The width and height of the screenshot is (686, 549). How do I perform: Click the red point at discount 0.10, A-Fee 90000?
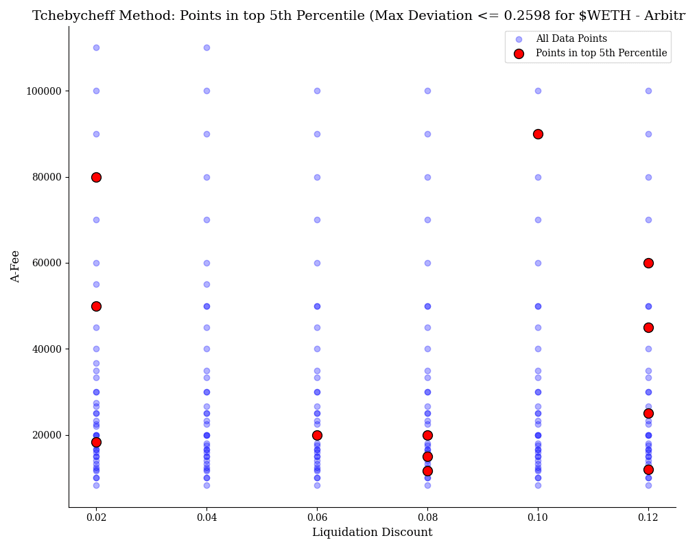tap(538, 134)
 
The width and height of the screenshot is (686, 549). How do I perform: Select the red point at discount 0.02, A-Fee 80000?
tap(96, 177)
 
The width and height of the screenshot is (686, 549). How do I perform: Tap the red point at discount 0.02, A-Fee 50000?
tap(96, 306)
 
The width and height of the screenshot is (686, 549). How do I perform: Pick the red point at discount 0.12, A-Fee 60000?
tap(648, 263)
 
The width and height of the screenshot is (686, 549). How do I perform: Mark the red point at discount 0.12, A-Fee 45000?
tap(648, 327)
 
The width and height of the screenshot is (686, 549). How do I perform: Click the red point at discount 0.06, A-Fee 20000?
tap(317, 435)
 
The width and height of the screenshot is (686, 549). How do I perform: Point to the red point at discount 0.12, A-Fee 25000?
tap(648, 413)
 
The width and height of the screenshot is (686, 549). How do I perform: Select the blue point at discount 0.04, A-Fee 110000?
tap(206, 47)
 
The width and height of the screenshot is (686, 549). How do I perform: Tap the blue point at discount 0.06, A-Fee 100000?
tap(317, 91)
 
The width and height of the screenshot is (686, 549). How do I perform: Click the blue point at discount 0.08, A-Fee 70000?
tap(427, 220)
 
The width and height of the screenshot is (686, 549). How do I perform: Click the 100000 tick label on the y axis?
tap(43, 91)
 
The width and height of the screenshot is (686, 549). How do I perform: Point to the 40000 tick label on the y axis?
tap(46, 349)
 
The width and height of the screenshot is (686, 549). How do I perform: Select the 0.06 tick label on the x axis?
tap(317, 517)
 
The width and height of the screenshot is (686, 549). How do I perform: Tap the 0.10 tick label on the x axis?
tap(538, 517)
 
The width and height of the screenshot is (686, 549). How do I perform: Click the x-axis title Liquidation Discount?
tap(372, 533)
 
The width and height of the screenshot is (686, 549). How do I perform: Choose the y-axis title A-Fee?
tap(16, 266)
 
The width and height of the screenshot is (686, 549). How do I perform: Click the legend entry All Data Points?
tap(571, 39)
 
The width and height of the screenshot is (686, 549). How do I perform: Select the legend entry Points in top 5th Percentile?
tap(601, 54)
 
